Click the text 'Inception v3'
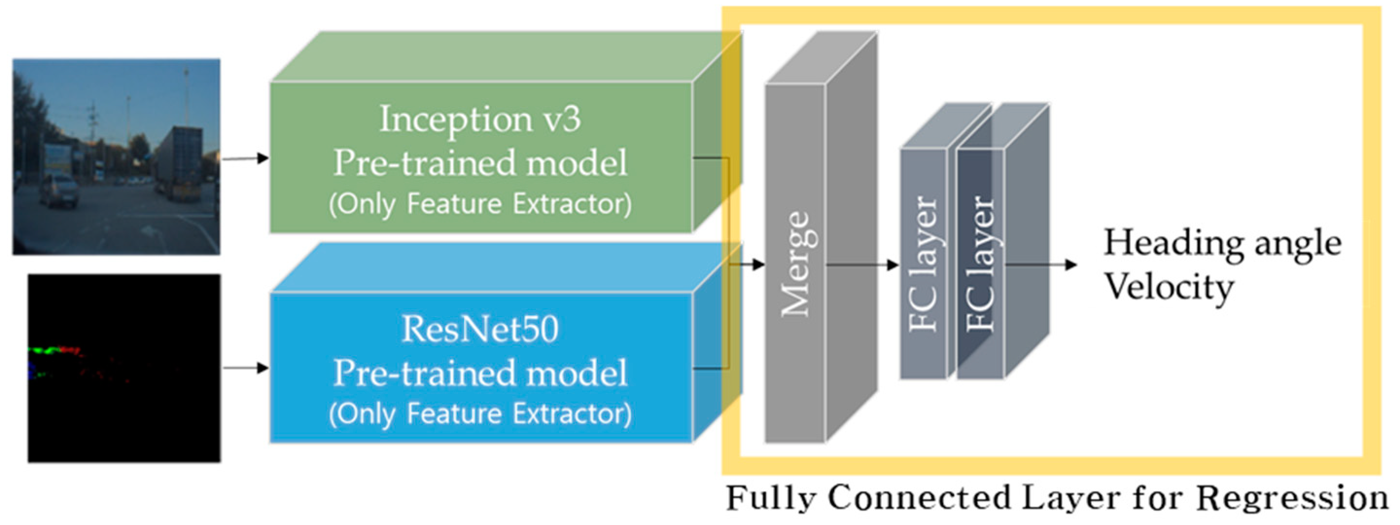[479, 119]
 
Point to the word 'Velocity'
[1169, 286]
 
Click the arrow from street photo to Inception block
[245, 158]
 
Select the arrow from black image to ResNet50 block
[245, 368]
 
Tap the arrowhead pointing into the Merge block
[758, 264]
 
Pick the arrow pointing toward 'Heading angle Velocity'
[1041, 265]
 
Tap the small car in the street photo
[59, 189]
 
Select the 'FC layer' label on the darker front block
[981, 264]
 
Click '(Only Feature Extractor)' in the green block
[479, 204]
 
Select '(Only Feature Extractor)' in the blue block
[479, 414]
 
